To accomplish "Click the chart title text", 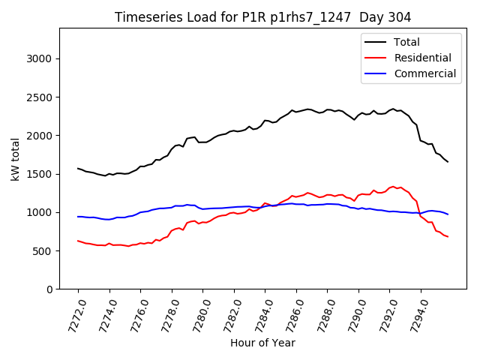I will (262, 17).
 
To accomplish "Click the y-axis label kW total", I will (15, 159).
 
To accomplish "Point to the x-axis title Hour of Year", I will (262, 343).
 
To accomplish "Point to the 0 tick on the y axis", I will (50, 289).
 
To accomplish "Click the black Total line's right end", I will (448, 162).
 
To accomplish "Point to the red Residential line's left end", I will (78, 241).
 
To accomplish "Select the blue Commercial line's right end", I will (448, 214).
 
